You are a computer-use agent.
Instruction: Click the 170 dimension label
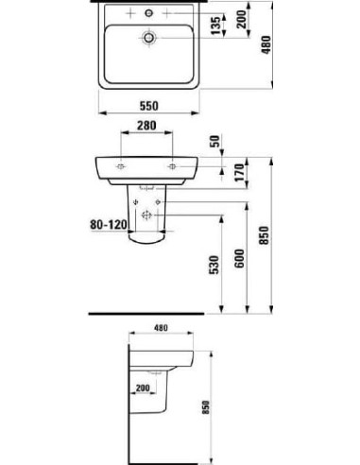click(x=216, y=172)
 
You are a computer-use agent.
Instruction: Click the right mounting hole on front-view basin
click(x=175, y=164)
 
